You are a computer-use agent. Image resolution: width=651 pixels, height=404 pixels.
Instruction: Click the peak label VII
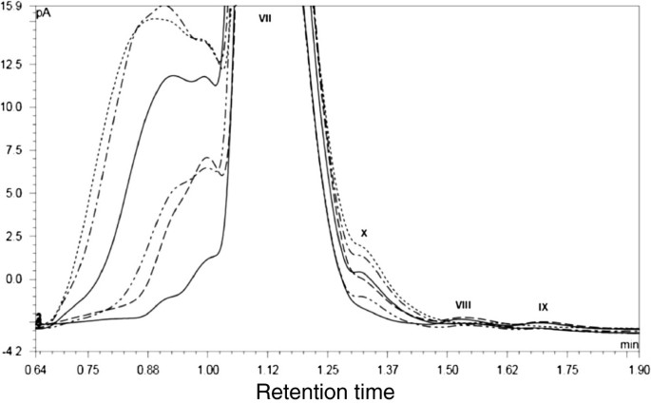pyautogui.click(x=265, y=16)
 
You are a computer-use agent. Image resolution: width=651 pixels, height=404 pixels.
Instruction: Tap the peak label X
pyautogui.click(x=363, y=233)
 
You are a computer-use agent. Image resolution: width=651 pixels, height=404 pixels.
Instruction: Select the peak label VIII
pyautogui.click(x=463, y=304)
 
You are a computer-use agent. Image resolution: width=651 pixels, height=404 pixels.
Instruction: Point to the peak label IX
pyautogui.click(x=543, y=306)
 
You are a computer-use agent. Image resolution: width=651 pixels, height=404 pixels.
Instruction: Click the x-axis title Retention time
pyautogui.click(x=326, y=390)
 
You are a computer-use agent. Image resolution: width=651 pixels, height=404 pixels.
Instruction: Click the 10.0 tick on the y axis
pyautogui.click(x=14, y=106)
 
